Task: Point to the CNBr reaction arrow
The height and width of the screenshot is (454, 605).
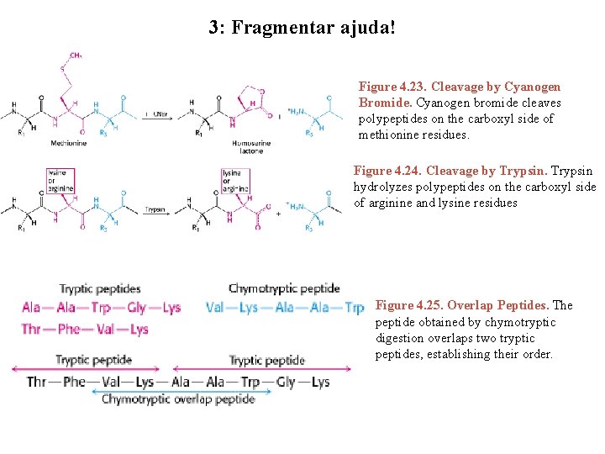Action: tap(156, 114)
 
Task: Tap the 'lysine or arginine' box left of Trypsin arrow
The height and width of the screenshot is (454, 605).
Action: tap(60, 179)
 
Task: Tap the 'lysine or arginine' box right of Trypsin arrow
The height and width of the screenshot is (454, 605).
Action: tap(233, 179)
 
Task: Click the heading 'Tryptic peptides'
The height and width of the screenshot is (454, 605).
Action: tap(99, 289)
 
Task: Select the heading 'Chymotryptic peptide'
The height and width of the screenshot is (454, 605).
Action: tap(284, 289)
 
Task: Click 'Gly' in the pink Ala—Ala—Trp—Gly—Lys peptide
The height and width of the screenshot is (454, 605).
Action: tap(137, 308)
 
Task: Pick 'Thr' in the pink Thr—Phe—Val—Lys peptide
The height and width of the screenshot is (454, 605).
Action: tap(32, 329)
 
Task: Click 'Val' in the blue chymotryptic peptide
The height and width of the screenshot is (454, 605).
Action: tap(216, 308)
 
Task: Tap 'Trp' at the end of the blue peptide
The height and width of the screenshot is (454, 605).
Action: tap(354, 308)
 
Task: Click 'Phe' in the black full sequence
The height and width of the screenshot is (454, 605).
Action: tap(74, 382)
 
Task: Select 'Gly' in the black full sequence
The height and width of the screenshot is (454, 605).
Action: tap(286, 382)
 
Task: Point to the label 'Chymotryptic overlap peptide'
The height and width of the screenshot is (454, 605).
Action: tap(178, 399)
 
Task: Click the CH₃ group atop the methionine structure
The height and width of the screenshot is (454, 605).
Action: tap(76, 55)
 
